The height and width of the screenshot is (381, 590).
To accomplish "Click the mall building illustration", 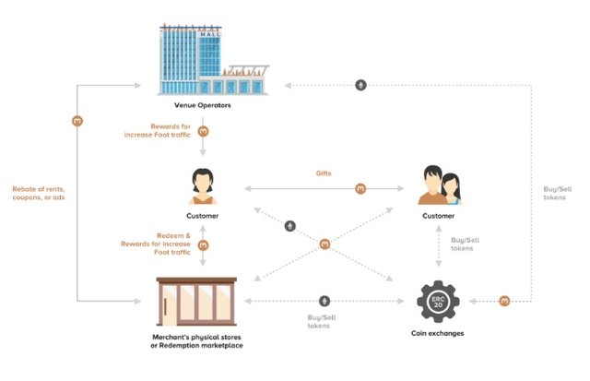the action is pos(213,59).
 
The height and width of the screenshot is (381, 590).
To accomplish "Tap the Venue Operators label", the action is pos(203,105).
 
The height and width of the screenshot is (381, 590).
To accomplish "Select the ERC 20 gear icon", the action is pos(438,301).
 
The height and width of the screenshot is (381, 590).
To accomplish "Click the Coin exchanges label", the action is pos(438,333).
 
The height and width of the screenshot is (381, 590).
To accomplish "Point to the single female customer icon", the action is pos(203,186).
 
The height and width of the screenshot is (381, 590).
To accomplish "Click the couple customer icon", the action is pos(440,185).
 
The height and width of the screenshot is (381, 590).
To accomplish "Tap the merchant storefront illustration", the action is pos(196,301).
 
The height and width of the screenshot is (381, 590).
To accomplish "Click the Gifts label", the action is pos(324,173).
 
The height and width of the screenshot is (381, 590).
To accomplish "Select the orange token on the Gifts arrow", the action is pos(360,188).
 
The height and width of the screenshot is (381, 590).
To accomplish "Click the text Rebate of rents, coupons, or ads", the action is pos(39,193).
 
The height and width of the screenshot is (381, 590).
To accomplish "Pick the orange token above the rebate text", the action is pos(77,121).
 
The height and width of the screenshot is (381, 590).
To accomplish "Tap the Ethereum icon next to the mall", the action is pos(360,85).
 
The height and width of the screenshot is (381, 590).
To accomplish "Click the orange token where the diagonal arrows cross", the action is pos(324,244).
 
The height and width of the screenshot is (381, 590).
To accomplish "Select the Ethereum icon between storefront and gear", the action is pos(324,301).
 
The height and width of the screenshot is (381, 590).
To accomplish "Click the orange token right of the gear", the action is pos(504,301).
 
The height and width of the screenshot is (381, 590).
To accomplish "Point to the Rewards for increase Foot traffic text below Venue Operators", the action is pos(158,130).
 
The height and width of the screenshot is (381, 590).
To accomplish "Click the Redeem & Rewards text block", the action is pos(156,244).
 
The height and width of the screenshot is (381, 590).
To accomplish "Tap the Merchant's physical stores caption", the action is pos(196,341).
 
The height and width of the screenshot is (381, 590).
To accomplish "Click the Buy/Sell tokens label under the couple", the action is pos(465,244).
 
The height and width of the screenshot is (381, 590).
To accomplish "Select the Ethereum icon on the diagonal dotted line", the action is pos(289,226).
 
